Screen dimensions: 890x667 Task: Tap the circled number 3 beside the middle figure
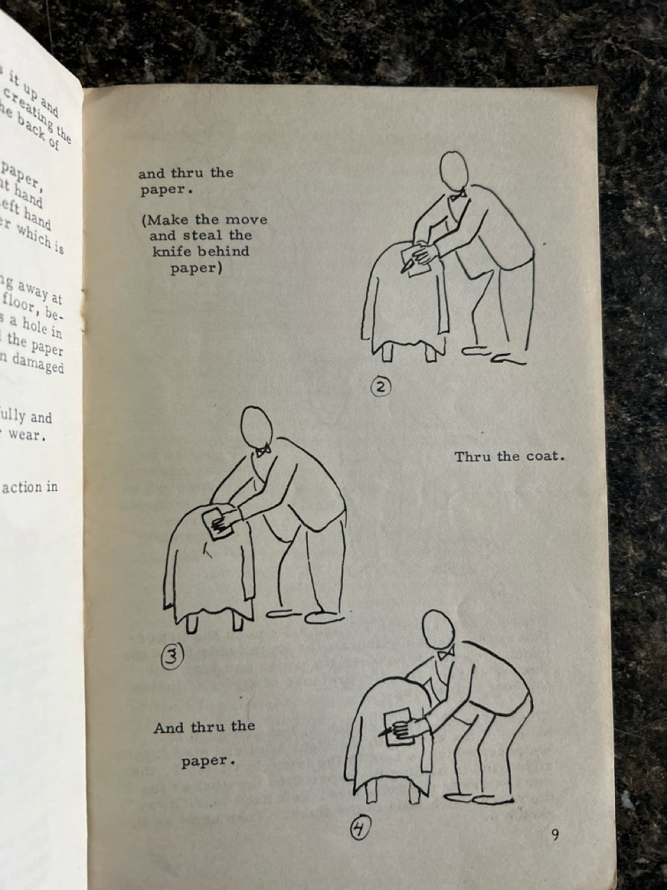pyautogui.click(x=172, y=655)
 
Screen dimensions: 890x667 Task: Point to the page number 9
pyautogui.click(x=554, y=835)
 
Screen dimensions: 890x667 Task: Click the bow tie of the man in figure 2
pyautogui.click(x=457, y=197)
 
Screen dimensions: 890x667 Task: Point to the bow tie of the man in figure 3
pyautogui.click(x=263, y=451)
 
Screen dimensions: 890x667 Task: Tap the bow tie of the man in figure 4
pyautogui.click(x=445, y=653)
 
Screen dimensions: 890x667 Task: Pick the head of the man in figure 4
pyautogui.click(x=439, y=630)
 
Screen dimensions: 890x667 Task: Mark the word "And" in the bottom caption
pyautogui.click(x=169, y=728)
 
